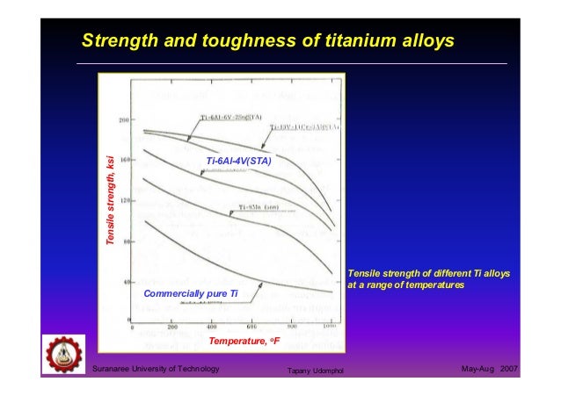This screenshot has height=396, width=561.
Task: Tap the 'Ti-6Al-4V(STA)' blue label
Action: tap(238, 162)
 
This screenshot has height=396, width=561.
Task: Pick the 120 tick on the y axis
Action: tap(124, 200)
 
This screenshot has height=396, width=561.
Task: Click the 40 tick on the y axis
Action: tap(126, 283)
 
